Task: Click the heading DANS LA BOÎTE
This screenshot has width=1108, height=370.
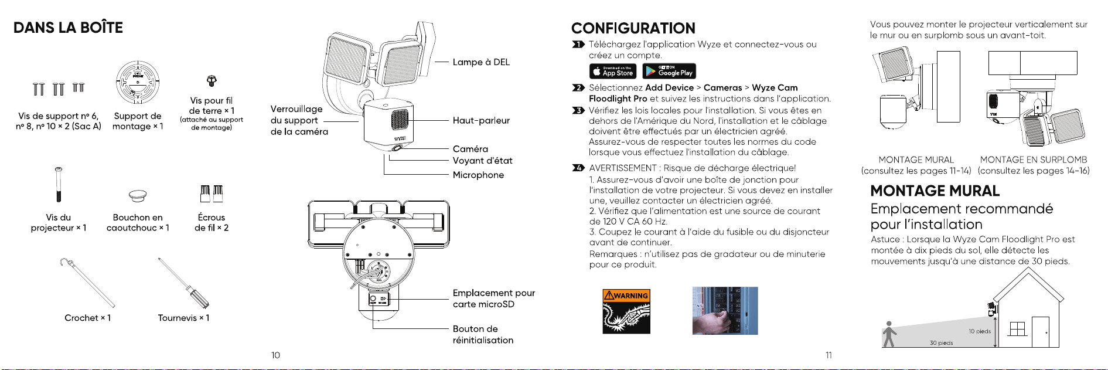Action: click(68, 28)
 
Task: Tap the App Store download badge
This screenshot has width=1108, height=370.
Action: click(612, 71)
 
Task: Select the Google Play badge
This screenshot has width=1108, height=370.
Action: click(669, 71)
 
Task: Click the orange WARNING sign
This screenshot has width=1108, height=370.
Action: click(626, 311)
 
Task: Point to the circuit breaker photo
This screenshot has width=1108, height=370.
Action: click(725, 311)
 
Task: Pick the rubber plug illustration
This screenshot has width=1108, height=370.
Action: click(137, 195)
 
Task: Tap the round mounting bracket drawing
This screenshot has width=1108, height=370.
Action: click(138, 82)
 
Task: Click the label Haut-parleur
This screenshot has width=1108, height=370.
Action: click(481, 120)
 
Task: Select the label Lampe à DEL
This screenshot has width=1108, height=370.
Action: click(481, 62)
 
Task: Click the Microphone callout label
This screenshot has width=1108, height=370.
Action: click(478, 175)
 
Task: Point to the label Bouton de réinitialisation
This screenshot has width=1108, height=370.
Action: click(483, 334)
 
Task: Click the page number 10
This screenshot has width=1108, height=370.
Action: click(275, 355)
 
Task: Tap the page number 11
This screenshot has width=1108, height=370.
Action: click(829, 355)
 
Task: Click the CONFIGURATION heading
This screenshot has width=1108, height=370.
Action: click(633, 28)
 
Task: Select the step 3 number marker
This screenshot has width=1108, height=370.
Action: click(578, 110)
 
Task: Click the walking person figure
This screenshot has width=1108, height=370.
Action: click(889, 334)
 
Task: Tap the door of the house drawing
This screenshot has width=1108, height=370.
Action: click(1041, 332)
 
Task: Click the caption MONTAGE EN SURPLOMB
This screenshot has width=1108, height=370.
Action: click(1034, 159)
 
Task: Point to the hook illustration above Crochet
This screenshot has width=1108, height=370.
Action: click(87, 282)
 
